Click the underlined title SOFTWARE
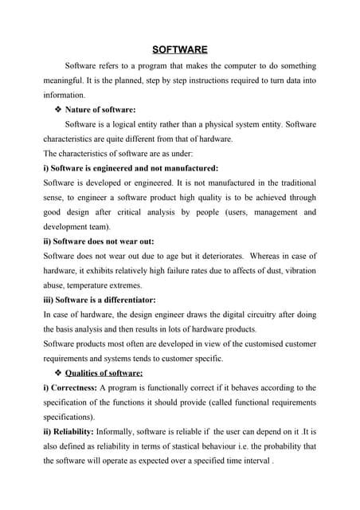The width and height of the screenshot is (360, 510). pyautogui.click(x=180, y=49)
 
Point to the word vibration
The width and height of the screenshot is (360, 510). pyautogui.click(x=298, y=271)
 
